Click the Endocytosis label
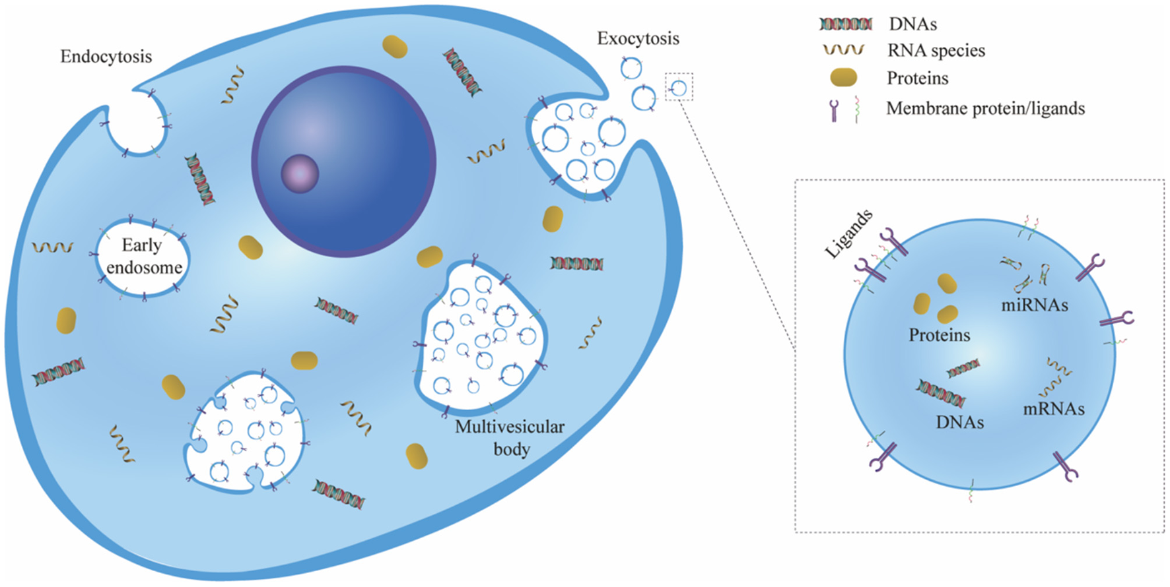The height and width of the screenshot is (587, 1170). click(106, 57)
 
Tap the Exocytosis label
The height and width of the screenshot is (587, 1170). click(638, 39)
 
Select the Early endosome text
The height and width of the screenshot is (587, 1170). click(143, 256)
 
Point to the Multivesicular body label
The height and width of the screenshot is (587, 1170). click(510, 437)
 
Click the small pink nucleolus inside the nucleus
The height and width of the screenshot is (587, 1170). click(300, 173)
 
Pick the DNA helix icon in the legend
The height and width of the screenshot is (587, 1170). click(846, 24)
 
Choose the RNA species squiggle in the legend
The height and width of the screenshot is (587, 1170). click(844, 50)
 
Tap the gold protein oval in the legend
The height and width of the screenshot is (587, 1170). click(843, 78)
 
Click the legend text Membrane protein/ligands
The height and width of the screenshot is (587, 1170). click(985, 108)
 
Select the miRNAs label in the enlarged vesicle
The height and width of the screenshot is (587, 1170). click(1034, 305)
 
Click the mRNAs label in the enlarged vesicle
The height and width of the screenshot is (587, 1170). click(1053, 409)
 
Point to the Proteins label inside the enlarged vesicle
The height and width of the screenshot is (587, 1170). click(939, 335)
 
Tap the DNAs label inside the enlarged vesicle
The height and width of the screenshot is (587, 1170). click(959, 422)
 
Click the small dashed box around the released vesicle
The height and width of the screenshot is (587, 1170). click(679, 86)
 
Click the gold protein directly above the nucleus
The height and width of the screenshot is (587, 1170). click(394, 47)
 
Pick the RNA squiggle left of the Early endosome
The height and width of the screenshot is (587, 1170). click(53, 247)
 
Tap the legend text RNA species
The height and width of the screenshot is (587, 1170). click(936, 51)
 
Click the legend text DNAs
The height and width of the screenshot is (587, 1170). click(912, 24)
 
